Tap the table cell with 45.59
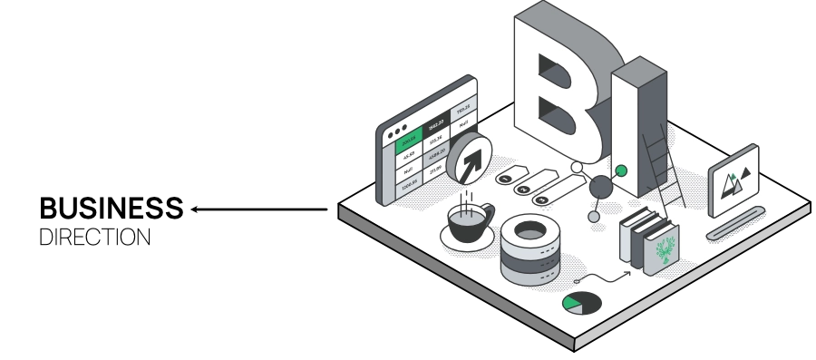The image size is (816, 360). pyautogui.click(x=407, y=153)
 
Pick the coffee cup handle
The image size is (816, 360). pyautogui.click(x=489, y=214)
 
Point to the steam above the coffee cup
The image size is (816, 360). pyautogui.click(x=466, y=201)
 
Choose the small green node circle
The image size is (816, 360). pyautogui.click(x=621, y=170)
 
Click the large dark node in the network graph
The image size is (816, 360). pyautogui.click(x=600, y=188)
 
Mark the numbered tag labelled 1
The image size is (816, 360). pyautogui.click(x=505, y=179)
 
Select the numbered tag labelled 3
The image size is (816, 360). pyautogui.click(x=542, y=199)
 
